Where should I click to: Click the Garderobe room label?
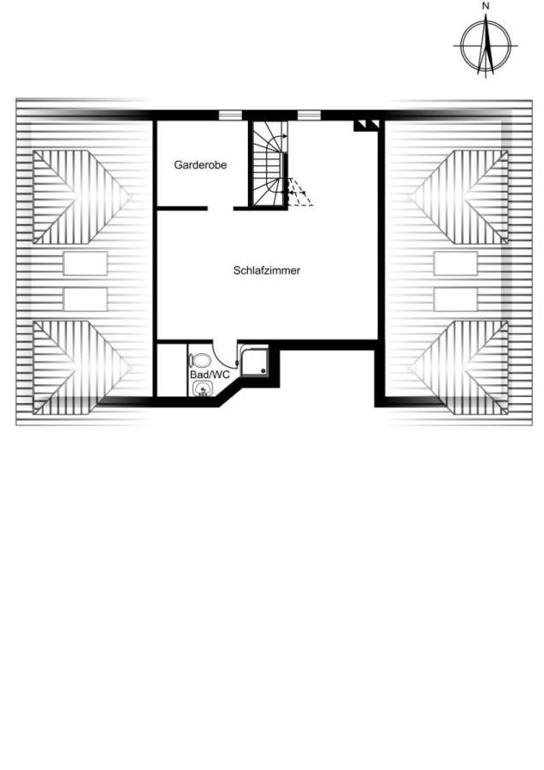(x=200, y=165)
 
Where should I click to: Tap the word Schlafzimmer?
(x=267, y=270)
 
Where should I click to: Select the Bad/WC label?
(x=210, y=375)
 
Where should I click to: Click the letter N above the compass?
(x=486, y=6)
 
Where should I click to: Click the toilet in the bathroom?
(x=200, y=361)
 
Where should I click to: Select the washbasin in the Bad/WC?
(x=203, y=389)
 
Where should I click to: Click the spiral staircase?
(x=269, y=164)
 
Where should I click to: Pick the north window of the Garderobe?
(x=230, y=115)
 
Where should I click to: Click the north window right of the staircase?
(x=310, y=115)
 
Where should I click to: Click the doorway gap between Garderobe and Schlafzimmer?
(x=221, y=209)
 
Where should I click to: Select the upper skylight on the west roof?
(x=86, y=264)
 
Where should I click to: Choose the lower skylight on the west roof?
(x=86, y=299)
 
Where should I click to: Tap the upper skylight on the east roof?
(x=456, y=264)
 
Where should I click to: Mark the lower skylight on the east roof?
(x=456, y=299)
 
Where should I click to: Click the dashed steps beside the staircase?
(x=300, y=192)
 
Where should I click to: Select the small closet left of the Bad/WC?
(x=172, y=370)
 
